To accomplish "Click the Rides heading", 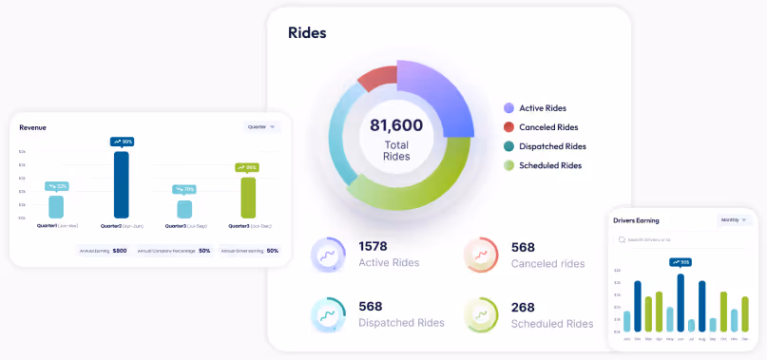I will (x=307, y=33).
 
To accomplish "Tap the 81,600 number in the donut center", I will (x=396, y=125).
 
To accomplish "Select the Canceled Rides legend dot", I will (x=509, y=127).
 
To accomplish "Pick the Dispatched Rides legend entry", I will (x=551, y=146).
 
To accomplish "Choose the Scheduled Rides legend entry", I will (x=549, y=165).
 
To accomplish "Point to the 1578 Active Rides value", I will (x=373, y=247).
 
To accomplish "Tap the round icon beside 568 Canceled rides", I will (x=480, y=255).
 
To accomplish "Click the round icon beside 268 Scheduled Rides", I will (x=480, y=314).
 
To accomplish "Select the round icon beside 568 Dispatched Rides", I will (x=328, y=314).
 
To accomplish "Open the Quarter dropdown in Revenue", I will (x=261, y=126).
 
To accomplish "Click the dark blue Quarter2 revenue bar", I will (x=121, y=185).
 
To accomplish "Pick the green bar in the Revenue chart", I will (x=248, y=198).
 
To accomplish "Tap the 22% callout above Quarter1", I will (x=57, y=186).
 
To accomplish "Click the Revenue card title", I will (x=32, y=127).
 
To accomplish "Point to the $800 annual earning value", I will (x=120, y=251).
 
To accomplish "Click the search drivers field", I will (x=684, y=240).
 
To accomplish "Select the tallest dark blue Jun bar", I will (x=681, y=302).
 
